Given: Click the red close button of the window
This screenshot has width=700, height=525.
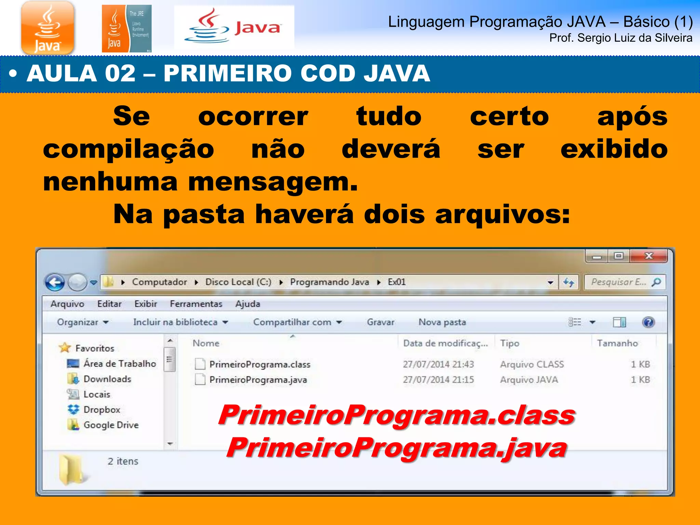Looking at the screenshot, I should pos(648,256).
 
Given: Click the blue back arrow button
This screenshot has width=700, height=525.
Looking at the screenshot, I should pos(55,282).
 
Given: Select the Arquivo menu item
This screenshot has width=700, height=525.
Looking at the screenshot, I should pos(67,304).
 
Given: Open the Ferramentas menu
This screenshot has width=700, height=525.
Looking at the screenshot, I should pos(196,304).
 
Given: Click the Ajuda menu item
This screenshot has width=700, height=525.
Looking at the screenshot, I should pos(247,304).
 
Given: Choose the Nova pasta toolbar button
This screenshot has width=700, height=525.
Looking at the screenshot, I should pos(442,322).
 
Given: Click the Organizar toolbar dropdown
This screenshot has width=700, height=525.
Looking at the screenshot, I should pos(82,322).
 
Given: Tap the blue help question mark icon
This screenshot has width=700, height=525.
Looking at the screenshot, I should pos(648,322).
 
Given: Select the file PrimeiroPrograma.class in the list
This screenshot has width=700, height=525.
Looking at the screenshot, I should pos(259,364).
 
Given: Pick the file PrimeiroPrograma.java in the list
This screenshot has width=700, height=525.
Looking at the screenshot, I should pos(258,380).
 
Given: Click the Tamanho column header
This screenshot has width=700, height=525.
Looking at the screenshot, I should pos(617,343).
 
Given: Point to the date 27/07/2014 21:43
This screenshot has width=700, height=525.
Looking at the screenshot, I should pos(438,364).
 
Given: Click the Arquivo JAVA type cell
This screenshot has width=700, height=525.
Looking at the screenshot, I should pos(529,380).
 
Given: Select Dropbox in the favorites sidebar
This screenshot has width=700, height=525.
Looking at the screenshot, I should pos(102,409).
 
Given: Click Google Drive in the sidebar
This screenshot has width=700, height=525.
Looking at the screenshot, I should pos(111,425).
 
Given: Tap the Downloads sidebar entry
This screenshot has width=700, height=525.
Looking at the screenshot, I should pos(107,379).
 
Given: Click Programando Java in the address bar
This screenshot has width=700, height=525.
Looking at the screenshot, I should pos(329,282).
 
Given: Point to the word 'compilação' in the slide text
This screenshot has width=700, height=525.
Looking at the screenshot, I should pos(129,150).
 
